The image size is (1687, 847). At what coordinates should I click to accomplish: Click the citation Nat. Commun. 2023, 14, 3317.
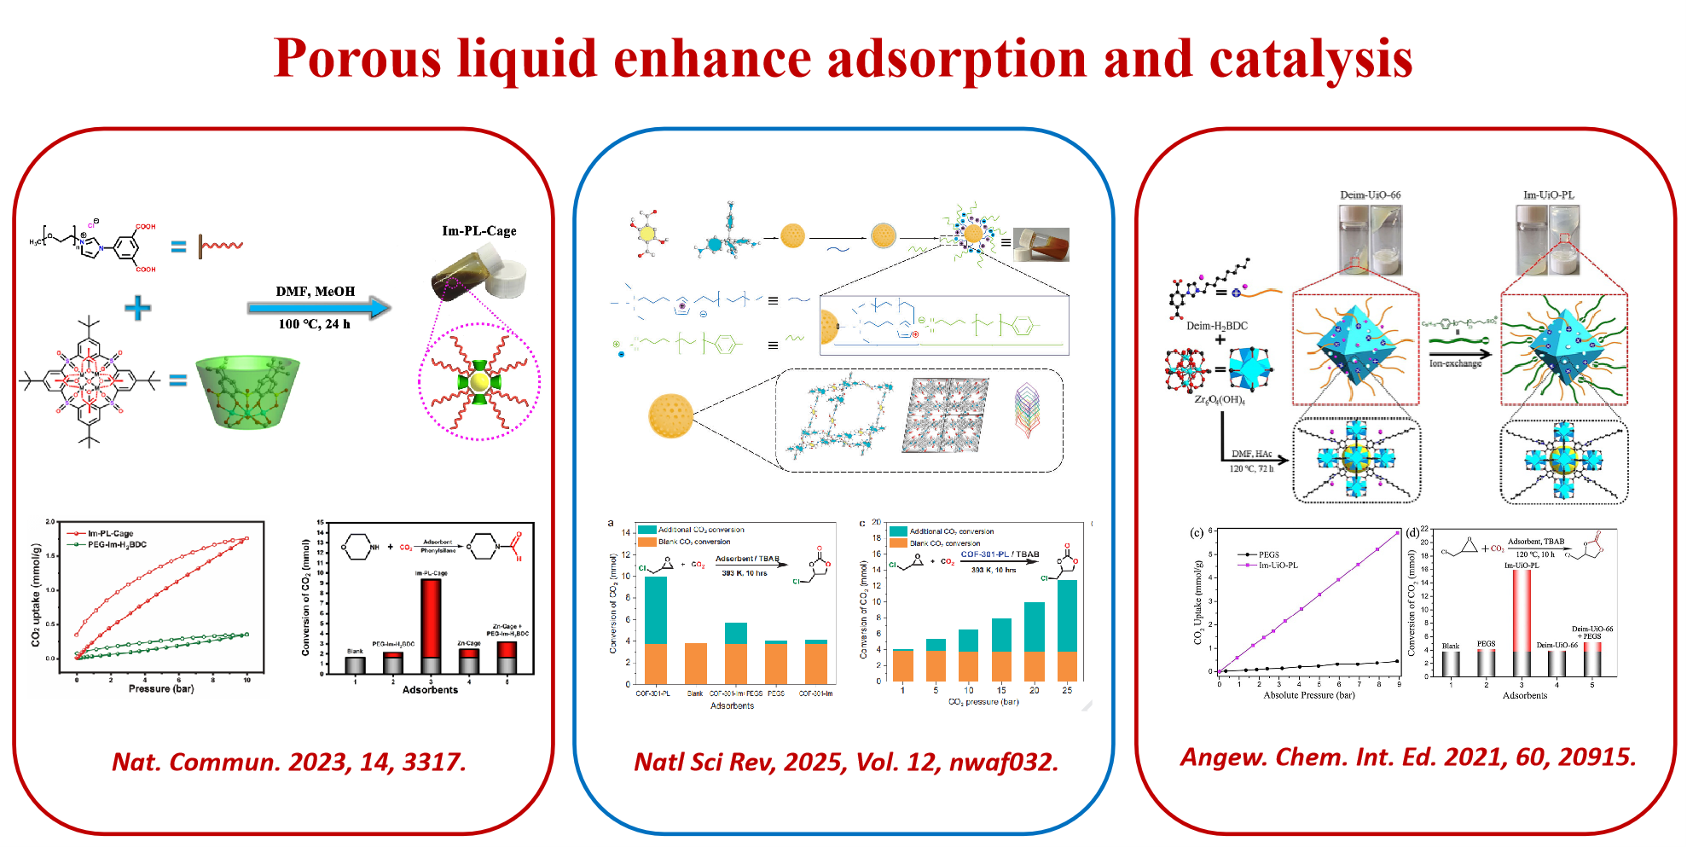pos(289,761)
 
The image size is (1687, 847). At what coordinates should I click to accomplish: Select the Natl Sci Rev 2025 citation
pos(845,761)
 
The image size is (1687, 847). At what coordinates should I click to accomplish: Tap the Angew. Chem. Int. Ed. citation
pos(1407,757)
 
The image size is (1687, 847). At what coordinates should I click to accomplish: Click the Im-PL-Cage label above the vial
pos(478,231)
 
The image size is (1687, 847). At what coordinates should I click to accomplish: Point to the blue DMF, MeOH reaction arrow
pos(318,307)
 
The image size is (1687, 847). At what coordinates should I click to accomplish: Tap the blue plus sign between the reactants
pos(137,308)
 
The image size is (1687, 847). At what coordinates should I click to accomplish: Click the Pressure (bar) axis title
pos(161,688)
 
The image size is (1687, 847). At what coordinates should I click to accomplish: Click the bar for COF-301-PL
pos(655,629)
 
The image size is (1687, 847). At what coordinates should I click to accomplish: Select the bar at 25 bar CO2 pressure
pos(1067,629)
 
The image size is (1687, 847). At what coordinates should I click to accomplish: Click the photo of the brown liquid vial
pos(1040,244)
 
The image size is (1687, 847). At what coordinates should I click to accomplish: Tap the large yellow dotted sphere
pos(670,415)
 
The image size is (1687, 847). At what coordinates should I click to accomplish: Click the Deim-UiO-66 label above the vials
pos(1370,195)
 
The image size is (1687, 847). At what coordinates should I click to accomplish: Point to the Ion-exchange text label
pos(1455,363)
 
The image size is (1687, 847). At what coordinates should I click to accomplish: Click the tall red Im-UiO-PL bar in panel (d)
pos(1522,623)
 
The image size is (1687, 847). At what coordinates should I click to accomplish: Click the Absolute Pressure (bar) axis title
pos(1308,695)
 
